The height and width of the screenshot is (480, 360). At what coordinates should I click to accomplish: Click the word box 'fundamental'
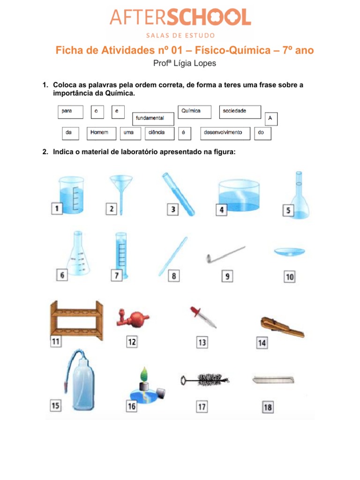click(153, 119)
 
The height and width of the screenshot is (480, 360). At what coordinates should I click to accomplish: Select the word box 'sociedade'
click(240, 112)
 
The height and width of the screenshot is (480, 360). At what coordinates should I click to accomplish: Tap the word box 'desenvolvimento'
click(225, 134)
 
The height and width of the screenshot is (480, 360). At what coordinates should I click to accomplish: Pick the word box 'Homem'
click(101, 134)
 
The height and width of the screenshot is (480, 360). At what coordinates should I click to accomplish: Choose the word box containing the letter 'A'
click(271, 119)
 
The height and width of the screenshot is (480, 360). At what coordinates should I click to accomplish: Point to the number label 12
click(132, 342)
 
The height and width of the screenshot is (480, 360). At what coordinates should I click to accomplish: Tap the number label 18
click(268, 407)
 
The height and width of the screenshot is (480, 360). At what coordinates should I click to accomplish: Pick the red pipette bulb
click(133, 318)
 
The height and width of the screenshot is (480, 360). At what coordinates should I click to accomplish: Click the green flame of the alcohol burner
click(144, 374)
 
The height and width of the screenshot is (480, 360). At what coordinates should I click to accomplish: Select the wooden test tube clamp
click(282, 327)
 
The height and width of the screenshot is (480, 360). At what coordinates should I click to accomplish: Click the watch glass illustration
click(290, 252)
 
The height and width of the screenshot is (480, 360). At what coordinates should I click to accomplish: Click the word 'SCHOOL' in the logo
click(209, 17)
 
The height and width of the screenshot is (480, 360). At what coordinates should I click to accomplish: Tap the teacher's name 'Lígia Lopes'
click(195, 63)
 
